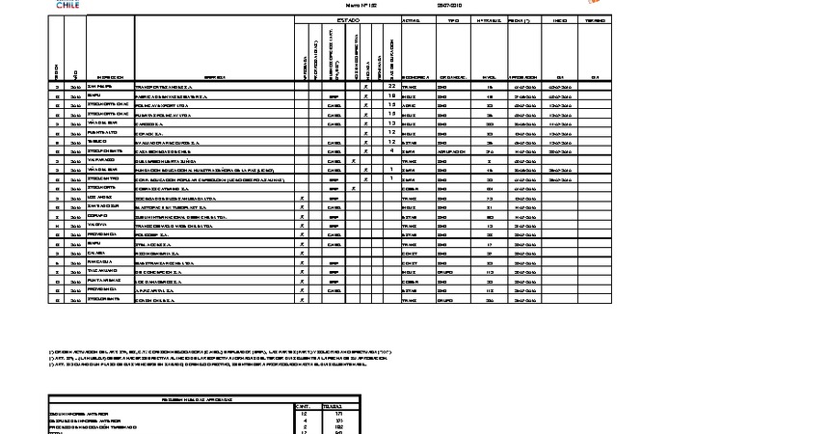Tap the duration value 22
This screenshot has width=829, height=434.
point(392,86)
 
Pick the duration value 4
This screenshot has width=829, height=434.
point(392,150)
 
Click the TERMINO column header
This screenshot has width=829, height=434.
point(595,19)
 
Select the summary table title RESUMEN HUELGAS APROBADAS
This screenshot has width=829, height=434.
point(206,398)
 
